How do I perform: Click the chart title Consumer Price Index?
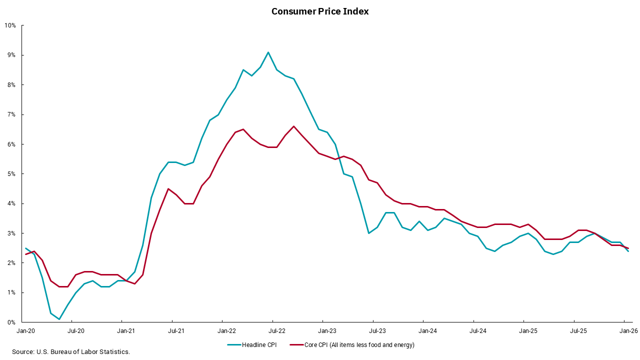(x=320, y=11)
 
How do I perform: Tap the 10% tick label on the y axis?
(x=10, y=25)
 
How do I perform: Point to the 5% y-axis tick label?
(x=12, y=174)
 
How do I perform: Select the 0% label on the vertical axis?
(x=12, y=322)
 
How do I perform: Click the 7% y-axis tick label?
(x=12, y=114)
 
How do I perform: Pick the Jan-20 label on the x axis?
(x=25, y=331)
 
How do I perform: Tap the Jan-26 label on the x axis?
(x=628, y=331)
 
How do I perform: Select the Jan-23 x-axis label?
(x=327, y=331)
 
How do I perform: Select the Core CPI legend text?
(x=359, y=345)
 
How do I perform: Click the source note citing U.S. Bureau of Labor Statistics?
(x=71, y=352)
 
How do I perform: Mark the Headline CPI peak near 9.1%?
(x=268, y=52)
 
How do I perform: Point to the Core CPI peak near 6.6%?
(x=293, y=126)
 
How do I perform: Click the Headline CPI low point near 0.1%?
(x=59, y=319)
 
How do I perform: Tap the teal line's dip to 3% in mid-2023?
(x=368, y=233)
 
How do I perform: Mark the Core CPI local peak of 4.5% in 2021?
(x=168, y=188)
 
